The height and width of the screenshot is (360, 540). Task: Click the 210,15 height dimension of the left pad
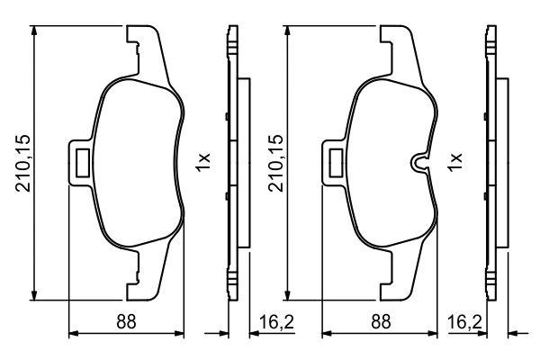coord(23,163)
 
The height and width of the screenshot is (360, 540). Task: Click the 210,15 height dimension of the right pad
coord(276,163)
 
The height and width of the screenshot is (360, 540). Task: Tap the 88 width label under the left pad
coord(126,321)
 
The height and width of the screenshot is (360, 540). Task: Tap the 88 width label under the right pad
coord(381,321)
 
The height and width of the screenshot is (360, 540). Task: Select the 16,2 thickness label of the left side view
coord(276,322)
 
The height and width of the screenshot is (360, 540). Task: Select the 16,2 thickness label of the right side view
coord(464,322)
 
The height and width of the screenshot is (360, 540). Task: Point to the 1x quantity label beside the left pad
coord(202,162)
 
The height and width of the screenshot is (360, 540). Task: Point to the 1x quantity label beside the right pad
coord(454,162)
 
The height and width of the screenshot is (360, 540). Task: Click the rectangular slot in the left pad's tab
coord(82,163)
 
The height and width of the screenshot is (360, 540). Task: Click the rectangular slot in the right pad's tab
coord(336,163)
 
